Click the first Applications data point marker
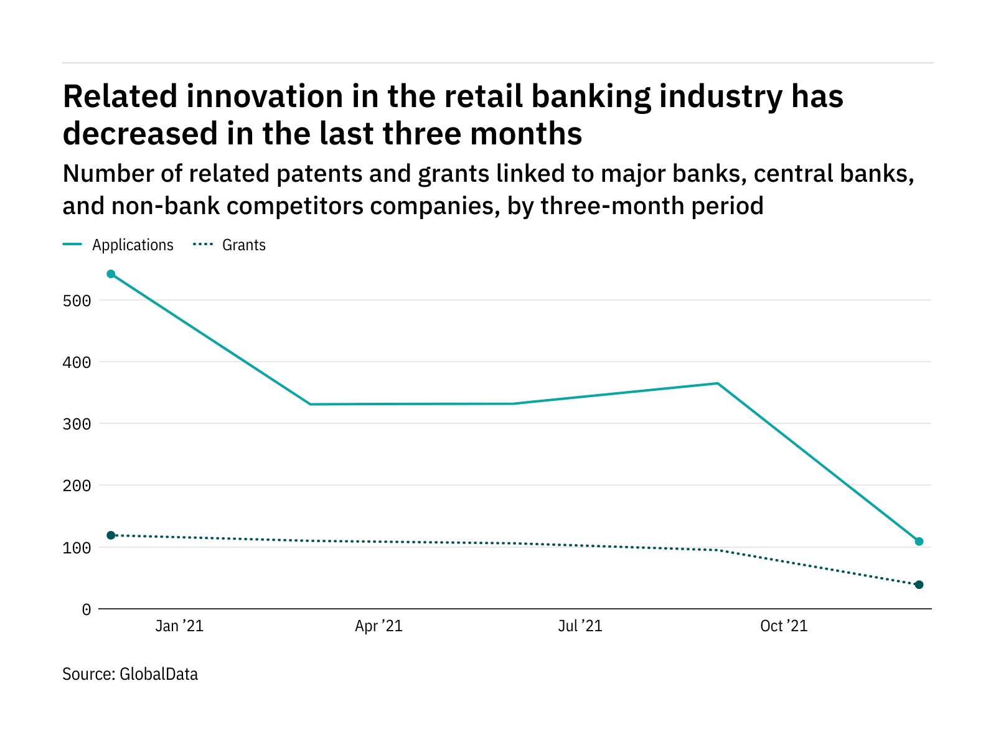tap(111, 274)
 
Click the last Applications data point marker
tap(919, 542)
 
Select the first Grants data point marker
tap(111, 535)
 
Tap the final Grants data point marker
tap(919, 585)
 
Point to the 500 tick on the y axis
tap(77, 301)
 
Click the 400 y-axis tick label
tap(77, 362)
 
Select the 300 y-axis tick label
tap(77, 425)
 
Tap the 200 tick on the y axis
tap(77, 486)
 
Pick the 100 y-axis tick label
tap(77, 548)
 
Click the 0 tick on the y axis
tap(86, 610)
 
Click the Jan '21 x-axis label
tap(179, 626)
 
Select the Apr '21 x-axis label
tap(378, 626)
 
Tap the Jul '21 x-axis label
tap(580, 626)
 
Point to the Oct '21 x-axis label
tap(784, 626)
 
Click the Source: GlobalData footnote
tap(130, 674)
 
